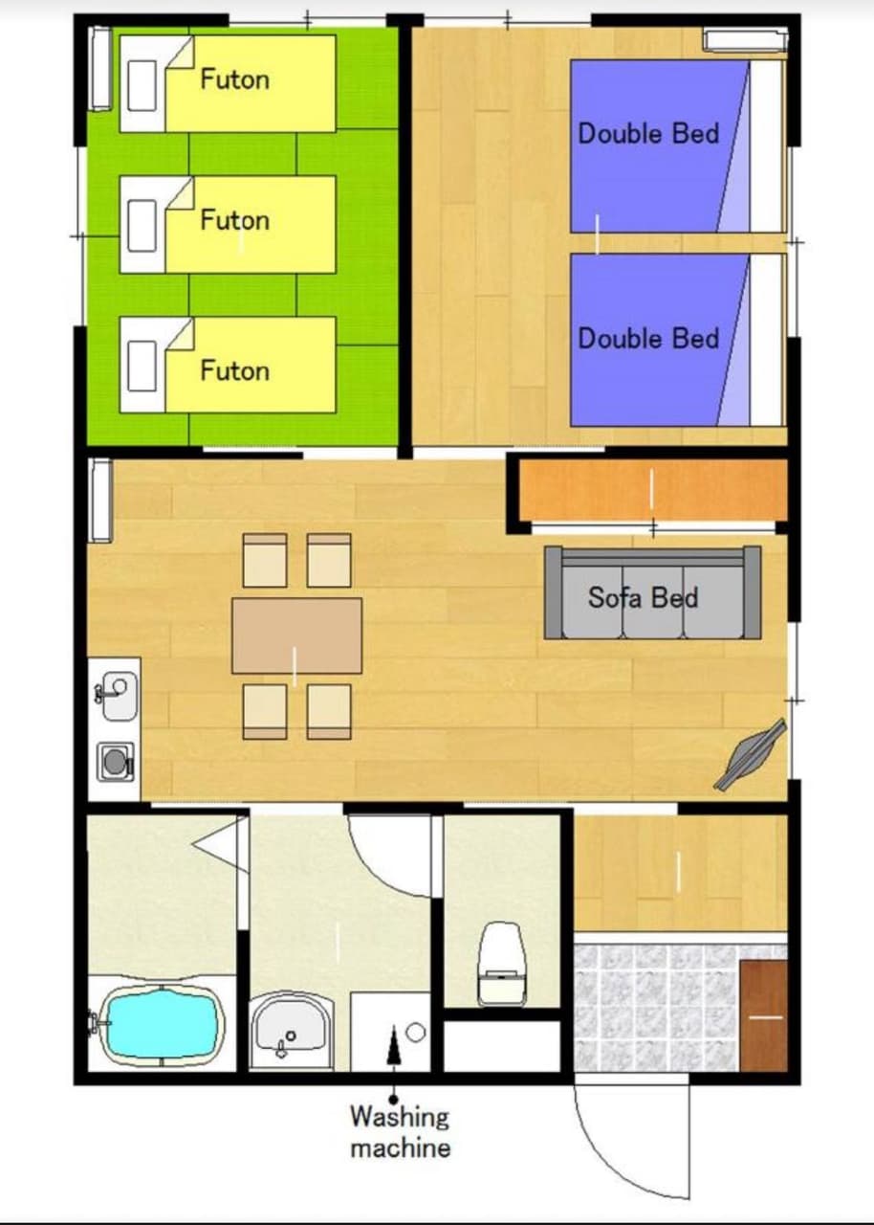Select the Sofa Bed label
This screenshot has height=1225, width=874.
coord(643,597)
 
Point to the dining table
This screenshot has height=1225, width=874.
coord(296,635)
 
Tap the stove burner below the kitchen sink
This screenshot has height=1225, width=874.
coord(116,760)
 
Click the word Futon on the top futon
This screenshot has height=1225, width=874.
coord(234,79)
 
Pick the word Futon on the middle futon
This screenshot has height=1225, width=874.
coord(234,220)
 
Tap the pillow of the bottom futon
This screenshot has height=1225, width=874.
coord(142,366)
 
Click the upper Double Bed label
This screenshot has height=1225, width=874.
coord(648,134)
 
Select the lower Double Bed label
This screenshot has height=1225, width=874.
coord(648,339)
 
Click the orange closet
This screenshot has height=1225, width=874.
coord(653,490)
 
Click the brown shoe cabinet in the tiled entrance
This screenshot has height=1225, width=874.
coord(764,1015)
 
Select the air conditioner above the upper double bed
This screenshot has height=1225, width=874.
coord(745,41)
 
